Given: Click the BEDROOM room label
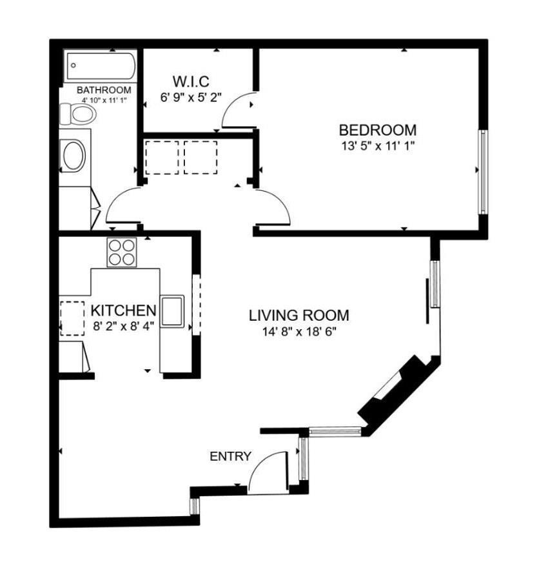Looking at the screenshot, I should pos(377,130).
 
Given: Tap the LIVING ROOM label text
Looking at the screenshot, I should pos(299,316).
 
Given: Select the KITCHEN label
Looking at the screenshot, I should pos(123,310).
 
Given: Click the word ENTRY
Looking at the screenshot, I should pos(230,456).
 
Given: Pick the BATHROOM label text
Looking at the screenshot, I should pos(104,90).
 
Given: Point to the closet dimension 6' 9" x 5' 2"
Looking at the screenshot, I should pos(191,99).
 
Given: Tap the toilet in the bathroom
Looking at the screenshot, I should pos(78,115).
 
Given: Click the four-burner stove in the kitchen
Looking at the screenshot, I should pos(122,252).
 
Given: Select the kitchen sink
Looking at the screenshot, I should pos(172,311).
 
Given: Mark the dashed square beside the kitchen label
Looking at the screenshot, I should pos(72,318).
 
